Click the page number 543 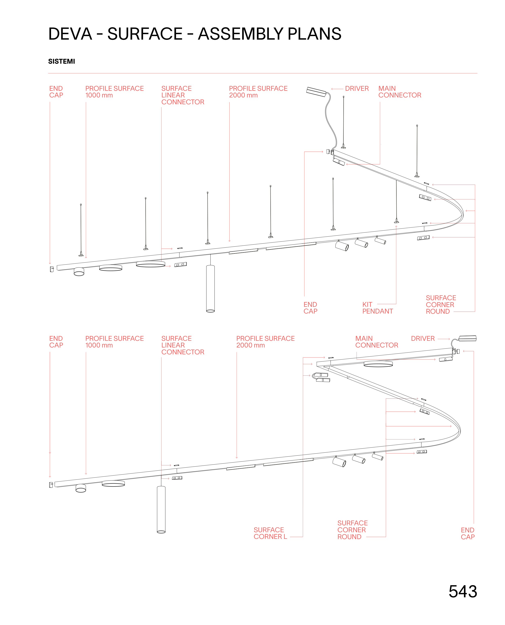click(463, 591)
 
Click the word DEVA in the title click(70, 34)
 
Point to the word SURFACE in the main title click(145, 34)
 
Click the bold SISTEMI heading click(61, 61)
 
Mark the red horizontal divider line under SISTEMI click(262, 73)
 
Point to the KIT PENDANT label click(377, 308)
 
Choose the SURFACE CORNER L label click(270, 533)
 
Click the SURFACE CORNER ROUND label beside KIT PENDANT click(440, 304)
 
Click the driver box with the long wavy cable click(317, 92)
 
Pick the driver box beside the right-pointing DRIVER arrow click(467, 338)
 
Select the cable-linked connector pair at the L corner click(322, 377)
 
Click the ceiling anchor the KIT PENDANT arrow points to click(396, 222)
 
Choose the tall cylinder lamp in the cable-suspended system click(210, 288)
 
